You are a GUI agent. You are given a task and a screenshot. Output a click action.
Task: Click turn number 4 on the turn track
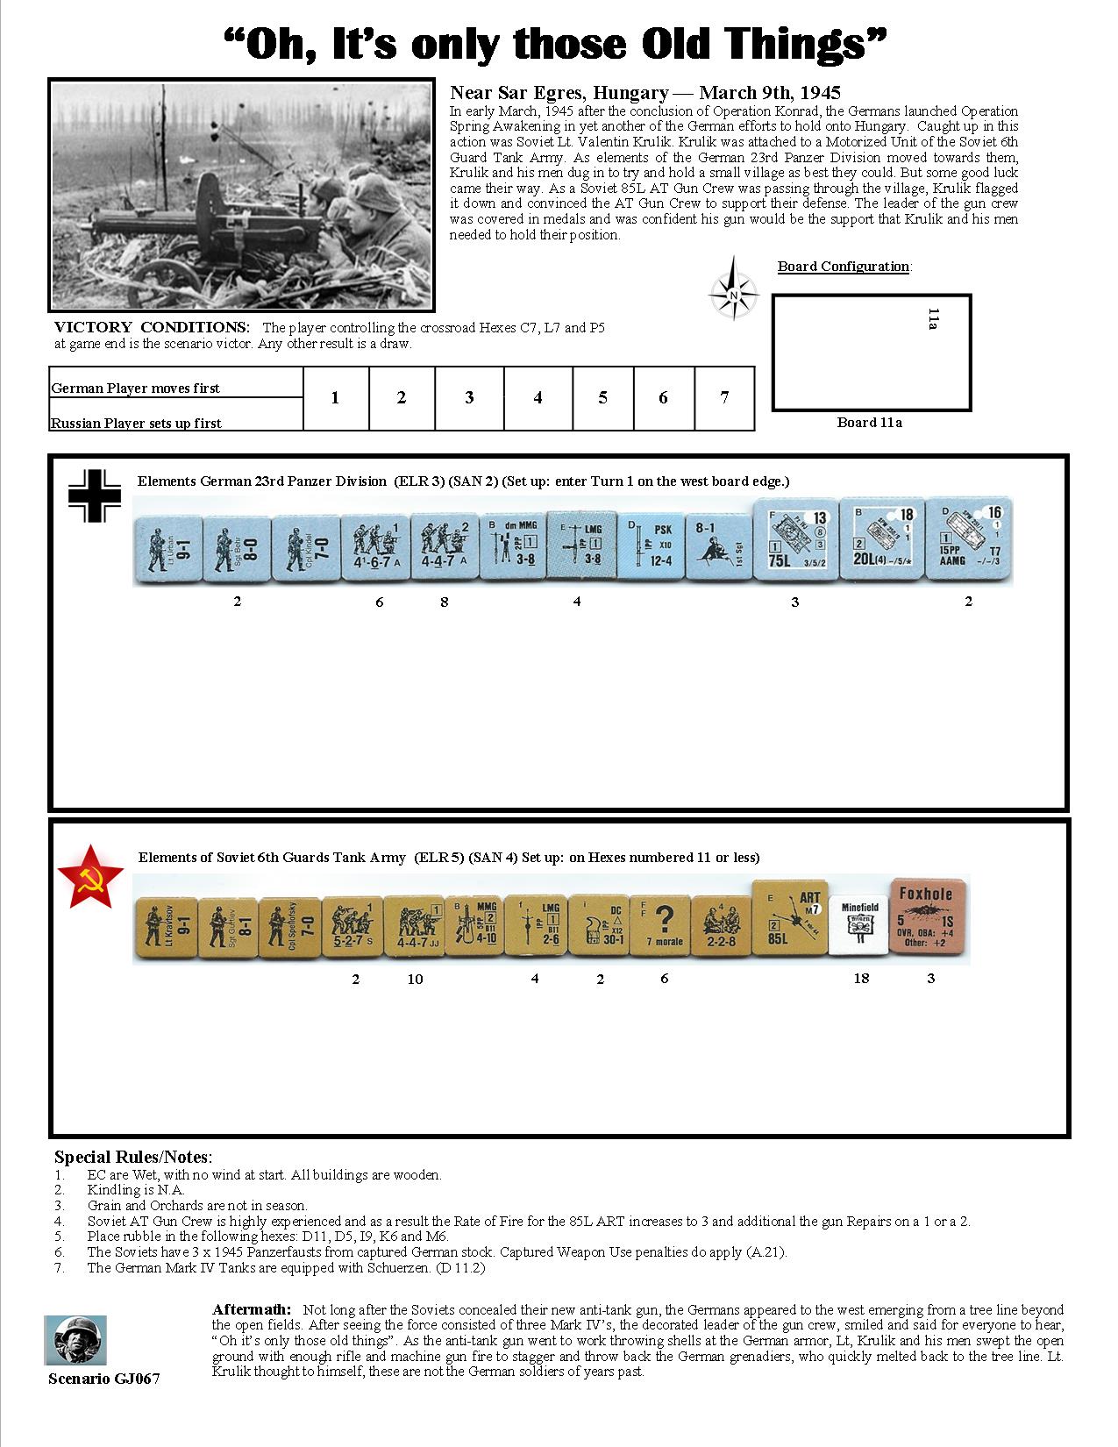coord(538,398)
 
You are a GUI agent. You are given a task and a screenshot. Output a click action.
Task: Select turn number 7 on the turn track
coord(724,398)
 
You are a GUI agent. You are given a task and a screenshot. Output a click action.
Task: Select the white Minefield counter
coord(859,924)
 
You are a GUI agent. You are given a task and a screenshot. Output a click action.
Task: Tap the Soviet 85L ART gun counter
coord(788,920)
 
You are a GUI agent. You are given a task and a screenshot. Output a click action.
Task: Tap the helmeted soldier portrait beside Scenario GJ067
coord(75,1340)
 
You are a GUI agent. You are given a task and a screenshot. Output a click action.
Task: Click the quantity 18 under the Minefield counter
coord(861,979)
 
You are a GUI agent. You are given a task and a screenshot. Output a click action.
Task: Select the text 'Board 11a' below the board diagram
coord(869,423)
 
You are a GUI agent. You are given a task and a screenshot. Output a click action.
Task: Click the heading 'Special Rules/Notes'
coord(132,1158)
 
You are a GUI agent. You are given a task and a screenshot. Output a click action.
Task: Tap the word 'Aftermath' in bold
coord(251,1309)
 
